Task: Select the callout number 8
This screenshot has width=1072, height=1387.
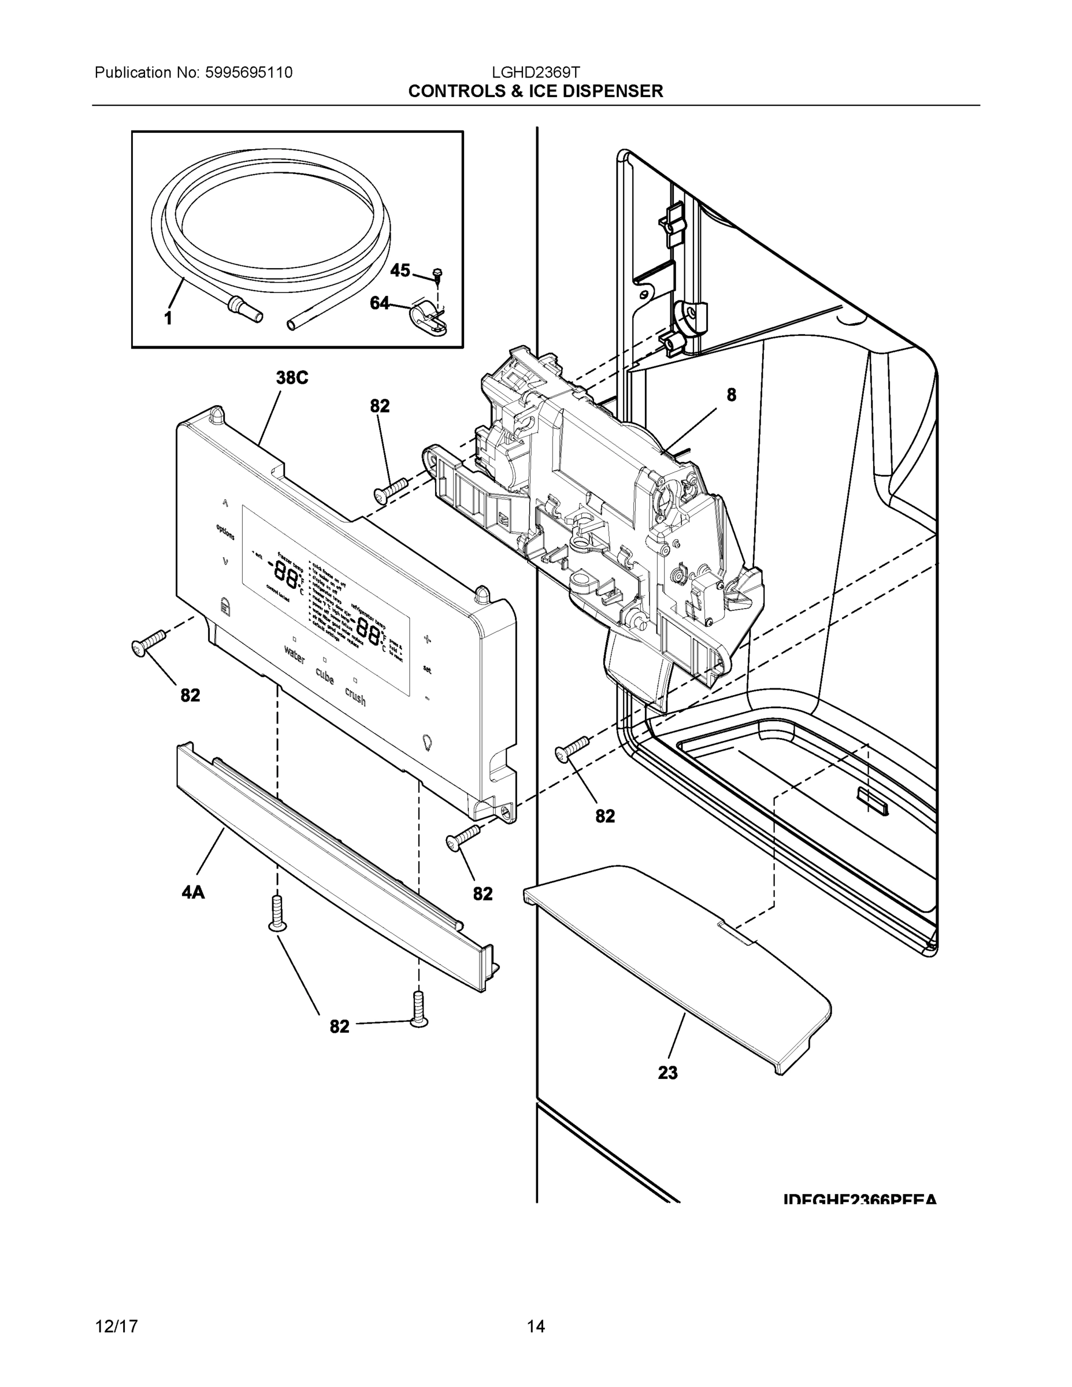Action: (x=731, y=395)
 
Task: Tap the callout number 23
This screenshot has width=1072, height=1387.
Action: (x=667, y=1073)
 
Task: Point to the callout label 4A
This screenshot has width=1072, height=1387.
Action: (x=193, y=892)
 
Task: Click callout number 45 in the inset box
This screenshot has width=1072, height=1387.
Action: (x=399, y=270)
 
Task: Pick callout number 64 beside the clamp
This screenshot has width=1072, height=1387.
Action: (x=379, y=303)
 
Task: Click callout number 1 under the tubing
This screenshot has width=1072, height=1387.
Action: (x=168, y=319)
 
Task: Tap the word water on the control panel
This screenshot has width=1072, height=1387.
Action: (x=295, y=655)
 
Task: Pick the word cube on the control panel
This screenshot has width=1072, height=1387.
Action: (x=325, y=676)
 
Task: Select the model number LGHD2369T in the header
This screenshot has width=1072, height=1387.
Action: (x=535, y=72)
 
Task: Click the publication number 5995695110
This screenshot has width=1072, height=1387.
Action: (x=248, y=72)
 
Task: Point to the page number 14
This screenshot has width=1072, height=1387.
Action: (x=535, y=1326)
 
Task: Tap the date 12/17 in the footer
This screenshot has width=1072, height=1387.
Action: (x=116, y=1326)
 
